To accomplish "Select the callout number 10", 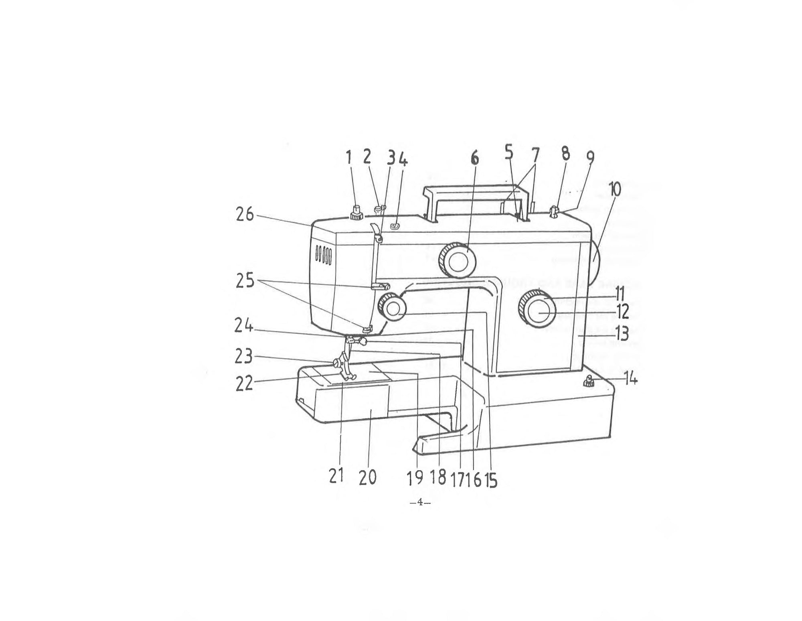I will click(x=613, y=189).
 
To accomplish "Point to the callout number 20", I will click(x=367, y=477).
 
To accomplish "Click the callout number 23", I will click(x=244, y=357).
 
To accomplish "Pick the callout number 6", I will click(x=474, y=159).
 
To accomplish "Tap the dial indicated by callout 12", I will click(x=538, y=313).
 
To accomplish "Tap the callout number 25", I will click(x=245, y=281).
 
